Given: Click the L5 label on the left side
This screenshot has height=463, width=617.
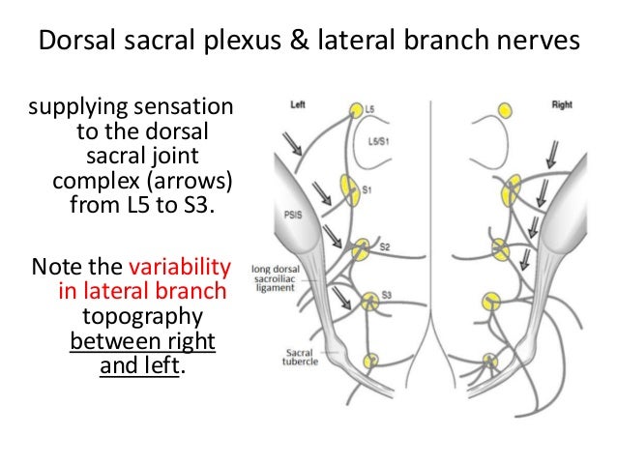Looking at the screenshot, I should click(x=370, y=110).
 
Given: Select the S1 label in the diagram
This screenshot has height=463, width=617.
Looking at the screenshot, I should click(x=367, y=191).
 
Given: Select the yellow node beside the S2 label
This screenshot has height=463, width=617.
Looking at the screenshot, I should click(x=362, y=250).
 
